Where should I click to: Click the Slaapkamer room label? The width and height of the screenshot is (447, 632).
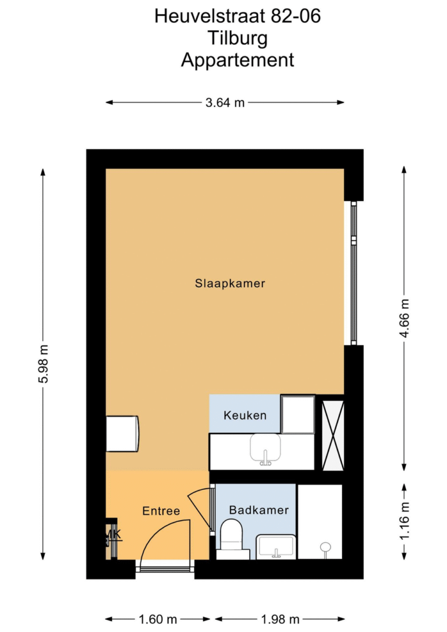(x=230, y=283)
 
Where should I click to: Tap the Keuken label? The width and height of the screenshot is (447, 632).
(x=245, y=415)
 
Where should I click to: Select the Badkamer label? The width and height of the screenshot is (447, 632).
(x=259, y=510)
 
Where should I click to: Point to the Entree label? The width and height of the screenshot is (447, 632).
(x=161, y=511)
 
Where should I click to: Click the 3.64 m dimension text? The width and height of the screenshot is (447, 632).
(x=225, y=103)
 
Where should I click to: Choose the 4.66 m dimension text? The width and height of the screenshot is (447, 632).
(x=405, y=319)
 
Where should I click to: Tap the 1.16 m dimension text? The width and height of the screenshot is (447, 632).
(x=405, y=521)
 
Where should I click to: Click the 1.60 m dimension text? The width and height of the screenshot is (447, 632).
(x=158, y=619)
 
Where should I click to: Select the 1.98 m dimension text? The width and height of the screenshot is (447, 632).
(x=281, y=619)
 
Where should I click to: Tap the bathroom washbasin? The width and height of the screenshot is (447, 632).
(x=276, y=547)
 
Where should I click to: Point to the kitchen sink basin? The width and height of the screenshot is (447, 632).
(x=265, y=448)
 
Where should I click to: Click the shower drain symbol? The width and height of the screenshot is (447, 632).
(x=325, y=548)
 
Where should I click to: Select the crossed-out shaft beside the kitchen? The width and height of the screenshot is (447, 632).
(x=333, y=436)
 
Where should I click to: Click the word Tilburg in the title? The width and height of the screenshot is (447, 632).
(x=237, y=38)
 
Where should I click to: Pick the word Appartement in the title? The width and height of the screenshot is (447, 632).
(x=237, y=60)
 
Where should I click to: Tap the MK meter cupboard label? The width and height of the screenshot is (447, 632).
(x=112, y=534)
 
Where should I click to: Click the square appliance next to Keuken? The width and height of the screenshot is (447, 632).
(x=297, y=414)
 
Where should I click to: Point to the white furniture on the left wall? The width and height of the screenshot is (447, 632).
(x=122, y=434)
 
